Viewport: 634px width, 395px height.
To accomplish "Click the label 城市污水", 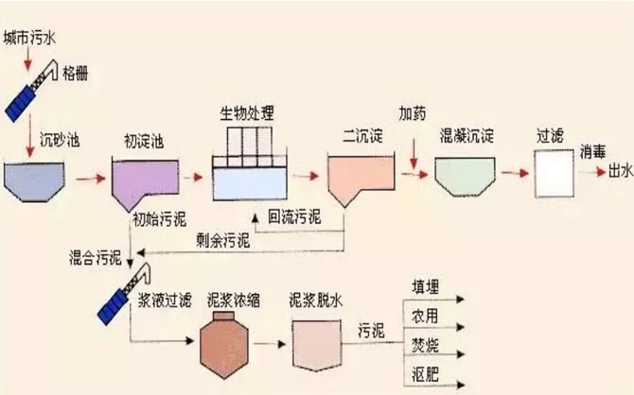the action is tap(29, 39).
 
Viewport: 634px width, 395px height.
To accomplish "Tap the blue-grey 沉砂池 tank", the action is tap(34, 181).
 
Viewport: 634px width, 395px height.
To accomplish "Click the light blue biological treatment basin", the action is tap(250, 183).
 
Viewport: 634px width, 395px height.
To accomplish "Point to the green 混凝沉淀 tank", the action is tap(465, 177).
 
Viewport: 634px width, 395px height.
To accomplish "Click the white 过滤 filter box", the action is tap(555, 174).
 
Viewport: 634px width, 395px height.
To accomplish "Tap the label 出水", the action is tap(620, 171).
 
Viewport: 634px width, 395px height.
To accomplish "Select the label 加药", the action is tap(413, 113).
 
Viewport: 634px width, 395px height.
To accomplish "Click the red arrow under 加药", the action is tap(414, 154).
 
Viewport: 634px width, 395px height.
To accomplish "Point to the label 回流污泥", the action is tap(294, 217).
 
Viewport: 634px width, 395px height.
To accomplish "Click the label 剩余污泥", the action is tap(222, 241).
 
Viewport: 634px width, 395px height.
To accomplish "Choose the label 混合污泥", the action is tap(96, 257).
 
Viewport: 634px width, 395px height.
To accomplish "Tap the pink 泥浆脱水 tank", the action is tap(317, 345).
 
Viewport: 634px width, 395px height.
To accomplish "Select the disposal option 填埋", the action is tap(426, 287).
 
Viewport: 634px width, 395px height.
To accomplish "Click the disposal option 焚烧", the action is tap(425, 345).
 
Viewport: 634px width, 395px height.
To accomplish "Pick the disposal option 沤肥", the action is tap(426, 373).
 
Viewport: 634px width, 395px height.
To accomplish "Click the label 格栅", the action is tap(75, 74).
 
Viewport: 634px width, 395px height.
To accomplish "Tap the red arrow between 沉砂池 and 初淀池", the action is tap(91, 178).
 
